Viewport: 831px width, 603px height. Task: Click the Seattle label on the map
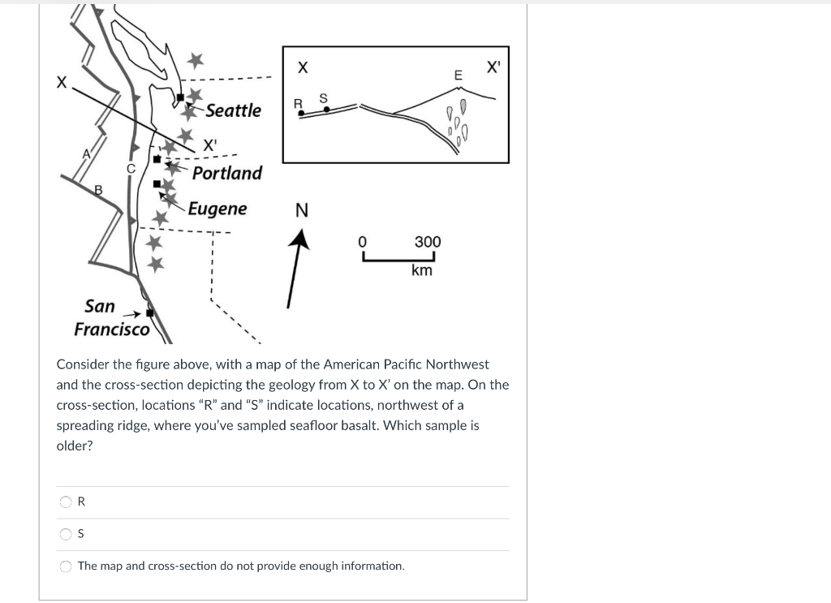(233, 110)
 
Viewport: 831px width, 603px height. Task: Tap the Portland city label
(227, 173)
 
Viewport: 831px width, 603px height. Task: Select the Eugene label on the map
(217, 209)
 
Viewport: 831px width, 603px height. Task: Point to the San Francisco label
(111, 317)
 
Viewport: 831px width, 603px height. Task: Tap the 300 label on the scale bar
(428, 242)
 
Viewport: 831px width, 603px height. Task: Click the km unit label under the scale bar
(422, 270)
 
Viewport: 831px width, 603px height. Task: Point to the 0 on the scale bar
(363, 242)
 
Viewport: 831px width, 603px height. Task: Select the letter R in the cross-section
(297, 103)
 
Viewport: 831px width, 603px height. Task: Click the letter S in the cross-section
(323, 98)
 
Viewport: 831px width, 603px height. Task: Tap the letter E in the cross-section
(458, 75)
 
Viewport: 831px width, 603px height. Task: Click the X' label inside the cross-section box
(493, 67)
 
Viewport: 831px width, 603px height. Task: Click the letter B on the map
(99, 190)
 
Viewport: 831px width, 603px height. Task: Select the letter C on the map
(130, 167)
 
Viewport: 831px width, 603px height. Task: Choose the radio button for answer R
(66, 502)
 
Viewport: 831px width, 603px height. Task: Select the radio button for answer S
(66, 533)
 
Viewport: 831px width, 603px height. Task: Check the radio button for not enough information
(66, 566)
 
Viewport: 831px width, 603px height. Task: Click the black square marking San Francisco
(149, 313)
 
